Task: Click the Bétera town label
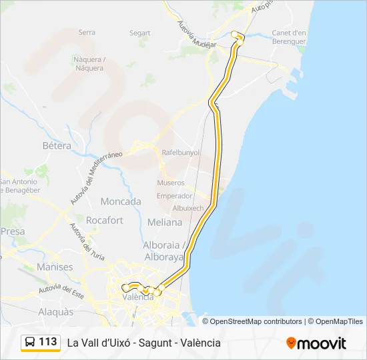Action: coord(57,146)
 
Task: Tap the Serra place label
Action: coord(87,32)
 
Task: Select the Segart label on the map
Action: coord(140,33)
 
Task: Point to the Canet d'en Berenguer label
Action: coord(289,37)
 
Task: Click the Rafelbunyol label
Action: coord(181,151)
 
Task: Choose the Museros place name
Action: coord(171,183)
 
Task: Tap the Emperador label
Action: coord(174,196)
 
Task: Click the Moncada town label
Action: coord(121,201)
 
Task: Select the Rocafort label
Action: coord(105,220)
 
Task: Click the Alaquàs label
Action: coord(56,311)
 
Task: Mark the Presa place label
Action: coord(13,231)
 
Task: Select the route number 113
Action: coord(48,342)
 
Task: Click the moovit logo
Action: coord(316,343)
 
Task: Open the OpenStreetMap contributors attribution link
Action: coord(256,321)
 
